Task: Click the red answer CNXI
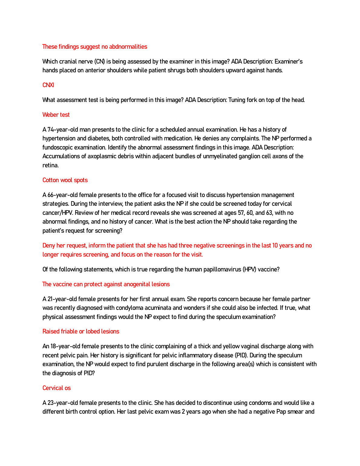[48, 85]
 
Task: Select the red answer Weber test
[56, 115]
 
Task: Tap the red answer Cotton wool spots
[65, 180]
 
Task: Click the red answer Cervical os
[57, 388]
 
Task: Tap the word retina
[50, 165]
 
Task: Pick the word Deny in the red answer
[48, 245]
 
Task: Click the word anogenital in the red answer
[136, 284]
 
